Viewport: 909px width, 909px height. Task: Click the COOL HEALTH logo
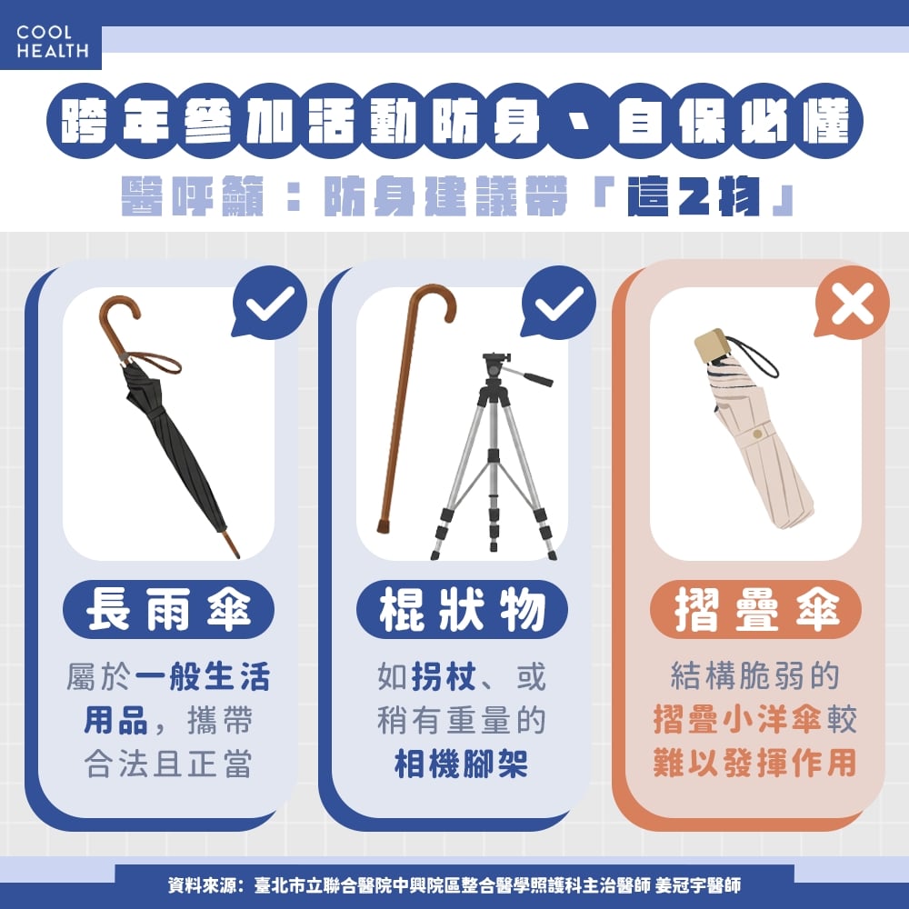52,42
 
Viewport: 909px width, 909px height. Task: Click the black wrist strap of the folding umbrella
756,355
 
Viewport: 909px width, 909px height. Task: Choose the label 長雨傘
168,609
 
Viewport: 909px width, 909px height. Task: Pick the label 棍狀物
462,609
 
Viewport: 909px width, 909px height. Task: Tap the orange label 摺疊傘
756,609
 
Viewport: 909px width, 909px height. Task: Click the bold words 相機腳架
462,764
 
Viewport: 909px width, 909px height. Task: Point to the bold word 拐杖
445,676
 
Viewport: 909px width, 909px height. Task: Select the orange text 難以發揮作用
754,763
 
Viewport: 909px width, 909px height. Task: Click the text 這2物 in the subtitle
694,196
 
